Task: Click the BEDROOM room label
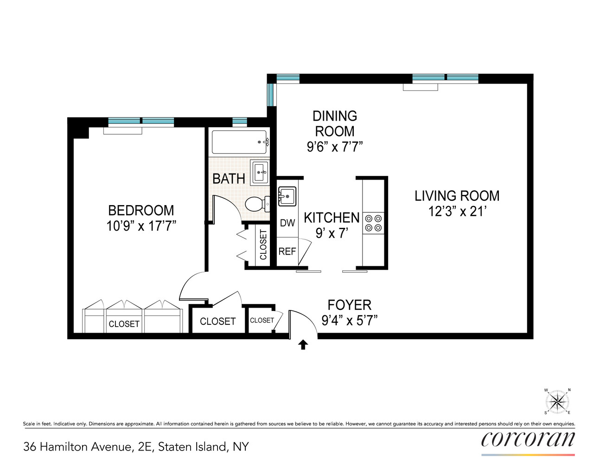(141, 210)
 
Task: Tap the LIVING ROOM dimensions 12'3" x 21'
(457, 212)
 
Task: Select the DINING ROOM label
(334, 123)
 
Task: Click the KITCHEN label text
(332, 218)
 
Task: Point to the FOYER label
(349, 305)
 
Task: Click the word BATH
(229, 179)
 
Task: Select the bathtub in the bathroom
(239, 142)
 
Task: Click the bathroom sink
(260, 172)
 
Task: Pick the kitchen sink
(287, 196)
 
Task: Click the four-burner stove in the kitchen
(373, 223)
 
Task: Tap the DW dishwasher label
(287, 223)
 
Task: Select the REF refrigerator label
(287, 251)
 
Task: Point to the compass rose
(557, 401)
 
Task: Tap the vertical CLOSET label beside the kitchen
(263, 245)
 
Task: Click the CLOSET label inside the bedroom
(124, 324)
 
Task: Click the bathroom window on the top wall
(239, 122)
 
